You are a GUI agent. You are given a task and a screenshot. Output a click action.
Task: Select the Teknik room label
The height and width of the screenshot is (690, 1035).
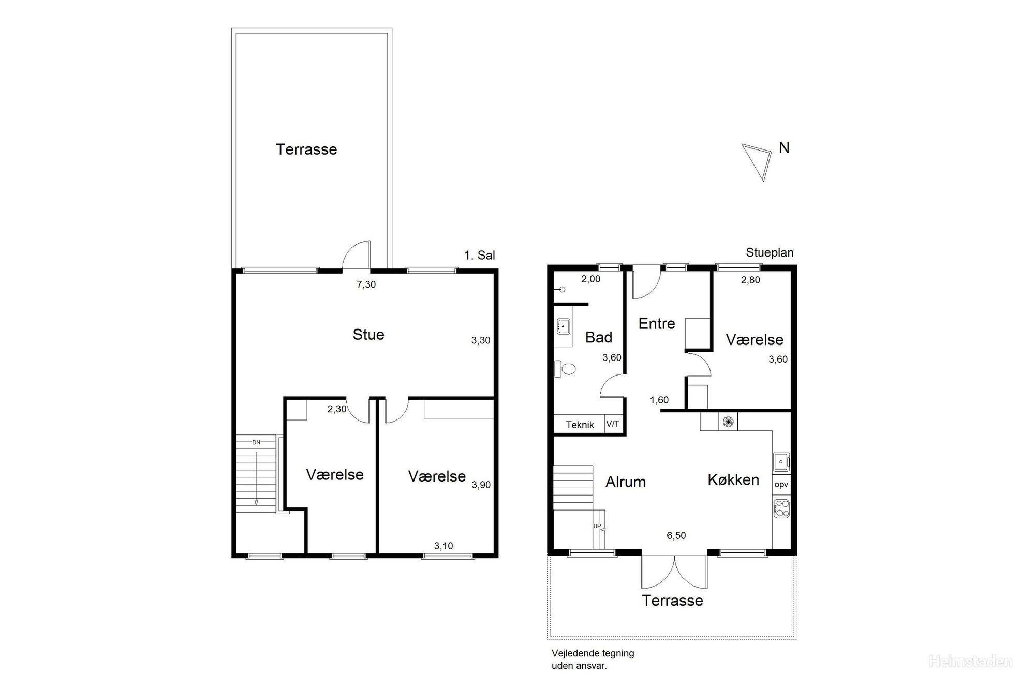click(x=580, y=425)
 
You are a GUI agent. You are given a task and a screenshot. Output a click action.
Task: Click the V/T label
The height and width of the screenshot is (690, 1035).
click(x=613, y=424)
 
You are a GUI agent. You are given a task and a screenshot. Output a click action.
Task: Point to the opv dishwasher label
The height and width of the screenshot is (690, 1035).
click(x=781, y=485)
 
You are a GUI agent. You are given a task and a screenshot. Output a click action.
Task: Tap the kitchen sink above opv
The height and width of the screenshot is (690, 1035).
click(x=781, y=461)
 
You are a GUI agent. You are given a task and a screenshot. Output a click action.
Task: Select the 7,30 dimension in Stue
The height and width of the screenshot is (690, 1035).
click(x=366, y=284)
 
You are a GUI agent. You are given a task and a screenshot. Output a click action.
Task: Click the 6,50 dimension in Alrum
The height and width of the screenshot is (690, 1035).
click(x=676, y=535)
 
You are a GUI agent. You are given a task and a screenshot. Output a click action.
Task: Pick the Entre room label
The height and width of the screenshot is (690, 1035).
click(x=657, y=324)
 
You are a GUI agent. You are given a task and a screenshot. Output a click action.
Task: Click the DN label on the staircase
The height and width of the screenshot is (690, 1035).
click(x=256, y=442)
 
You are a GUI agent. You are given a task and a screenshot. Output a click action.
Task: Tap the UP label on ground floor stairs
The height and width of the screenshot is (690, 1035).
click(x=597, y=526)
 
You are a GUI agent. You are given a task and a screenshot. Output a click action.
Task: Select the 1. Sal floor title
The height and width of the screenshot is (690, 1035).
click(x=480, y=255)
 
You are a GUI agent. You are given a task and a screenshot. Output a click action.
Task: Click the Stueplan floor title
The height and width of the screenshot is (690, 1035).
click(x=770, y=253)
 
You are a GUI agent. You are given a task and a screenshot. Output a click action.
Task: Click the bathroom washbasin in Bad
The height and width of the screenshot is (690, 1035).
click(x=563, y=326)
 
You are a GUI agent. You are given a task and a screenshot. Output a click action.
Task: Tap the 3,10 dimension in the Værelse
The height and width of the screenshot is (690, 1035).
click(x=443, y=546)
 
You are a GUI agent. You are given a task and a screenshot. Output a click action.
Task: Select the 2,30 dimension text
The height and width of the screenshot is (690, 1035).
click(x=337, y=409)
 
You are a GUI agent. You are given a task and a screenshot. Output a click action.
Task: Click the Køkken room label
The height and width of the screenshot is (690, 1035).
click(x=733, y=479)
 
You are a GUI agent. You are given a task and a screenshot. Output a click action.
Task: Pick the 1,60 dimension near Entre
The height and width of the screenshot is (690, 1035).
click(x=659, y=400)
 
